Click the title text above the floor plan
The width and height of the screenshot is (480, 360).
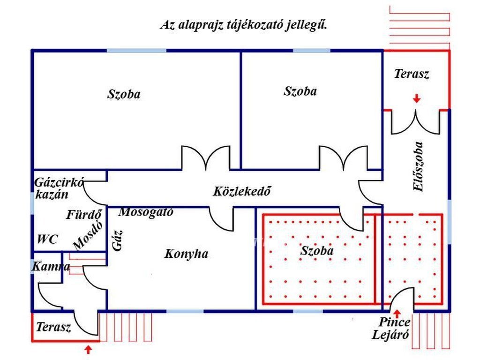tap(243, 25)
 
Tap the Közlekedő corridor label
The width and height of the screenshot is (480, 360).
tap(242, 191)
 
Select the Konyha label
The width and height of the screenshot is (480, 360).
tap(186, 254)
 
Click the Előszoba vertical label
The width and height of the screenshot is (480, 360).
tap(418, 166)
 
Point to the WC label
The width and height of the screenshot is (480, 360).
tap(47, 240)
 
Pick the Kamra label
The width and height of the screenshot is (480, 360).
tap(51, 267)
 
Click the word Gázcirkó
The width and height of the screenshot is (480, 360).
tap(59, 182)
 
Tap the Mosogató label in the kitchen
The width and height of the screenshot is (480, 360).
tap(146, 212)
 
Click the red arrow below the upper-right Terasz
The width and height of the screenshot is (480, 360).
tap(416, 98)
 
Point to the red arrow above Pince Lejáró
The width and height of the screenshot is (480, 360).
tap(397, 313)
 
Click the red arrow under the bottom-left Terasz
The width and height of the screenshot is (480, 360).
tap(88, 349)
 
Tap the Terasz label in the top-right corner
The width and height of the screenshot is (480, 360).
tap(412, 74)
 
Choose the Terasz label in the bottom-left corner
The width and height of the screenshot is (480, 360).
tap(53, 327)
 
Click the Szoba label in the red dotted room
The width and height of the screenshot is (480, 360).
tap(317, 251)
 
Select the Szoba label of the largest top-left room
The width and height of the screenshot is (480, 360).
tap(124, 94)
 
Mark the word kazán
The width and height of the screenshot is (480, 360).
tap(52, 195)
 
